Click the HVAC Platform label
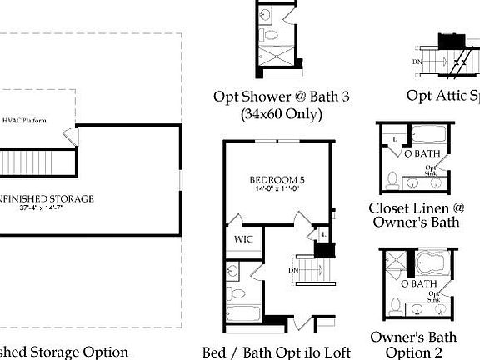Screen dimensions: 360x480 click(x=24, y=121)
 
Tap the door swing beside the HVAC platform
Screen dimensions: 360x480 click(x=71, y=136)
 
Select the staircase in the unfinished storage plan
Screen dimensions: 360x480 click(x=28, y=160)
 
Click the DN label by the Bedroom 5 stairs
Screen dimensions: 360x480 click(x=293, y=270)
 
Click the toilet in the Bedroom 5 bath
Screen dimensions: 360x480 click(x=236, y=293)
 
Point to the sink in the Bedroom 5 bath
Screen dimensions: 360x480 click(x=233, y=271)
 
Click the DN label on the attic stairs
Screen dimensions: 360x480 click(x=417, y=62)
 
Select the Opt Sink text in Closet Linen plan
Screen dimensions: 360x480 click(x=432, y=170)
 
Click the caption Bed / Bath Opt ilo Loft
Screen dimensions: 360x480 click(x=276, y=352)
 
